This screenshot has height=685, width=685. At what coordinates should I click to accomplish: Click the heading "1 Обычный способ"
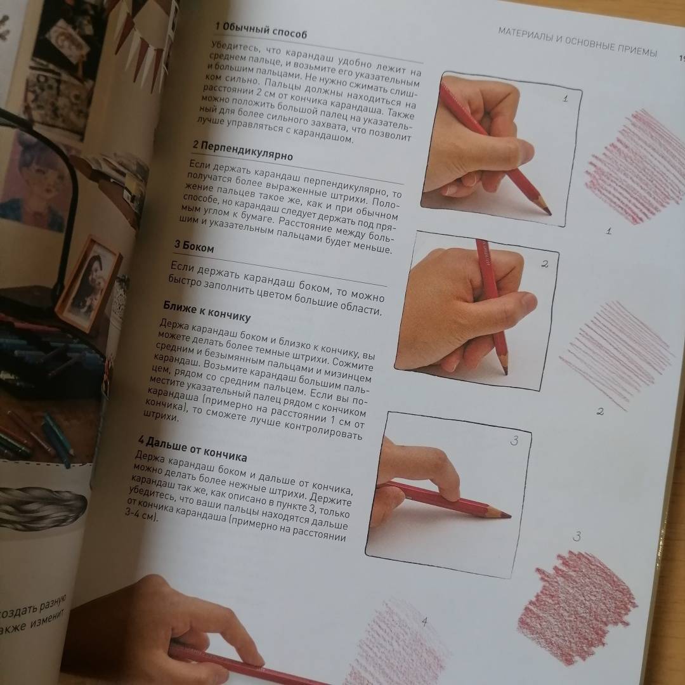tap(261, 30)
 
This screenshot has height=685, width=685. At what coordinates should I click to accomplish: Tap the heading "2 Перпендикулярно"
tap(242, 150)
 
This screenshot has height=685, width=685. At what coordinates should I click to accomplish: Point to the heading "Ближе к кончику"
tap(207, 311)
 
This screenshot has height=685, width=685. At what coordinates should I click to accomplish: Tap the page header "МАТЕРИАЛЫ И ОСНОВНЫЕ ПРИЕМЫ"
tap(577, 42)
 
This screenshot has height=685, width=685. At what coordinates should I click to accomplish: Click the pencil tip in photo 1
tap(549, 213)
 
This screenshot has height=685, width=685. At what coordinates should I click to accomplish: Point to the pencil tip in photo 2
tap(506, 372)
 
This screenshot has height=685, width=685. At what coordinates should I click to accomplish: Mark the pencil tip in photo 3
tap(508, 516)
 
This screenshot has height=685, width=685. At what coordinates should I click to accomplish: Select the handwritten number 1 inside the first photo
tap(565, 99)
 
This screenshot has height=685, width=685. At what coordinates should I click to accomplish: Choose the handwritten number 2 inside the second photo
tap(544, 264)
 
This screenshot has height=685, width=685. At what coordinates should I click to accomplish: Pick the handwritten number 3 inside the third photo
tap(514, 441)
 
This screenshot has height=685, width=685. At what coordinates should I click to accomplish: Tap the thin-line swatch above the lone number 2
tap(616, 354)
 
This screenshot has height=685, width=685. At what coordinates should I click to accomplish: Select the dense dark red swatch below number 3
tap(577, 607)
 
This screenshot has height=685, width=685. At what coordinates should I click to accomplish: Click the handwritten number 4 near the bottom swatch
tap(424, 621)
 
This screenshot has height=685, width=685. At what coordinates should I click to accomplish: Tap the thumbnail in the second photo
tap(529, 299)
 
